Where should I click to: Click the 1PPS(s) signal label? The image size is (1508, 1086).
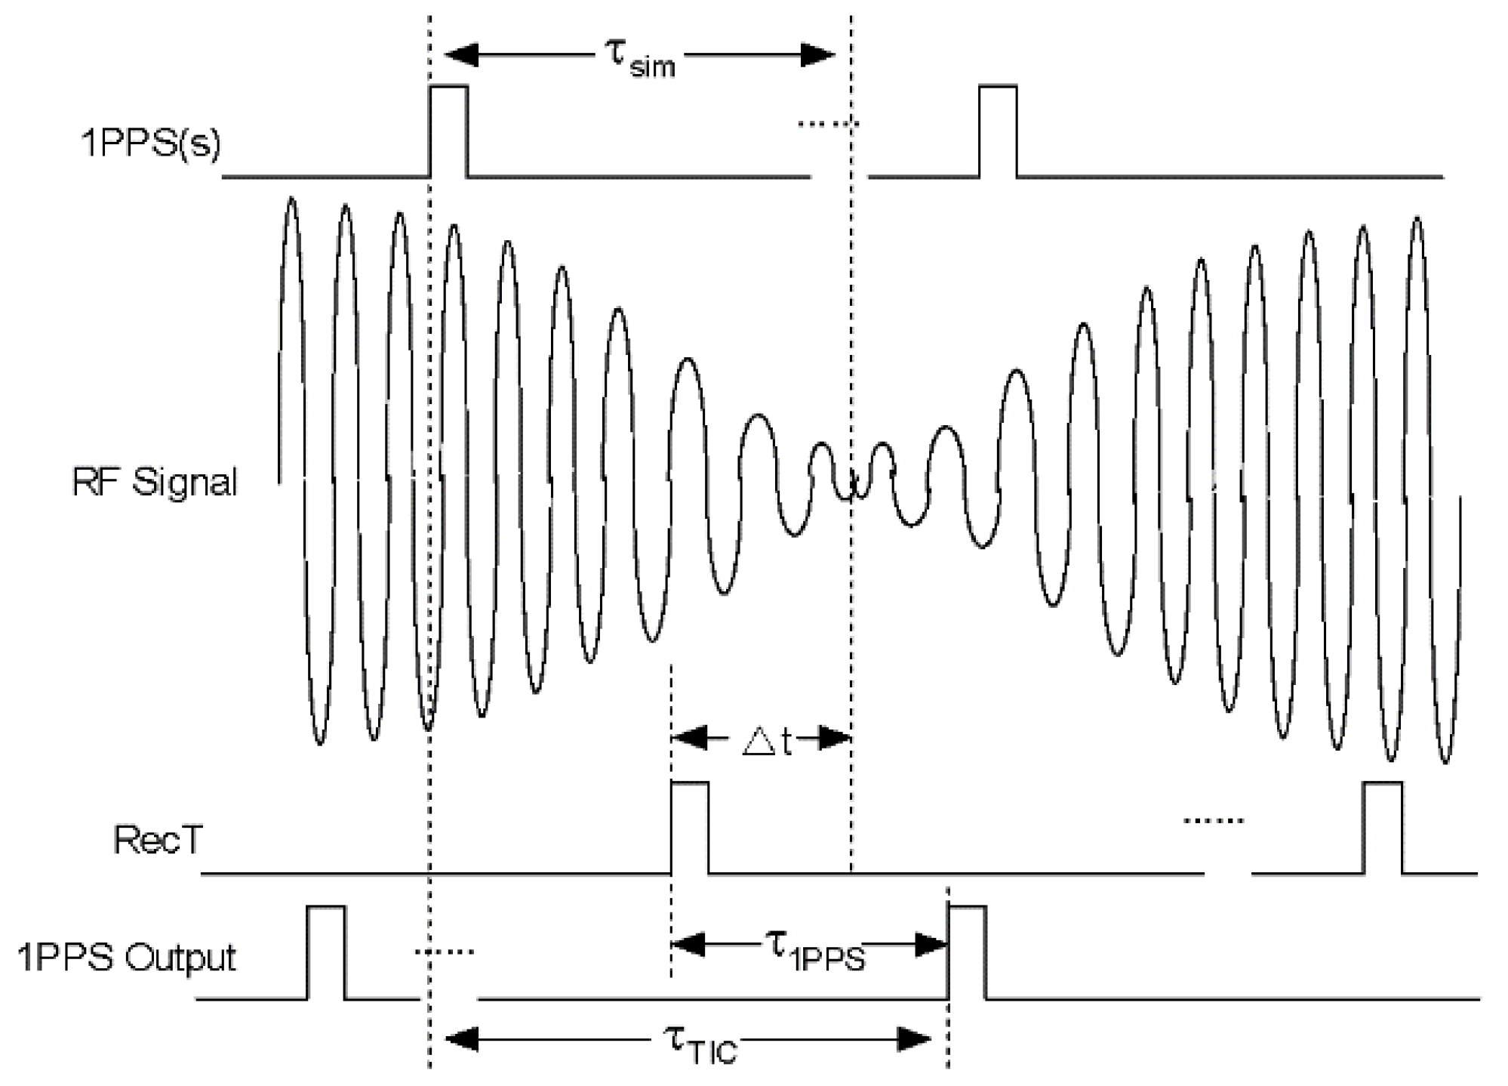click(150, 142)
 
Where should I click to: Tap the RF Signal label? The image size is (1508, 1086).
click(154, 482)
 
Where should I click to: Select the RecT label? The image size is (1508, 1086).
click(158, 840)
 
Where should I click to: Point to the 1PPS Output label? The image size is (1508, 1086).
click(126, 958)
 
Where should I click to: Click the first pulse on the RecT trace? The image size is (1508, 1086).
click(690, 827)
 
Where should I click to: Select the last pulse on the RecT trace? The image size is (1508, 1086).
click(1383, 827)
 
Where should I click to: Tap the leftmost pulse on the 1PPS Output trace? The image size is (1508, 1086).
click(326, 952)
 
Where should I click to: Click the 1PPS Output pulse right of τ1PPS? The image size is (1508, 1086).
click(968, 952)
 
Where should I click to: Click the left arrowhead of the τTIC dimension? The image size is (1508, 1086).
click(461, 1039)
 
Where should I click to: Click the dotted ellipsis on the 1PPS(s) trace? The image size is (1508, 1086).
click(828, 123)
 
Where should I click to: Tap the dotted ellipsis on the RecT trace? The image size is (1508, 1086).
click(1213, 820)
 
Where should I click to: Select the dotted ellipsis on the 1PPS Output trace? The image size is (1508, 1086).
click(445, 952)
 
